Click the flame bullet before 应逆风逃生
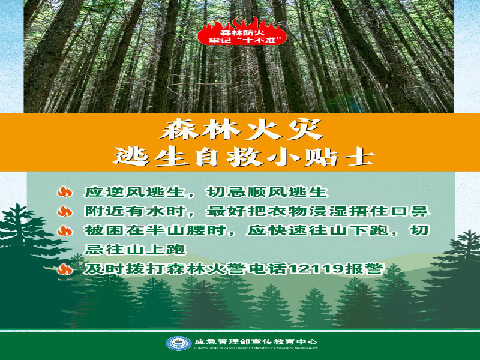(65, 192)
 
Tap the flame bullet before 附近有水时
(65, 211)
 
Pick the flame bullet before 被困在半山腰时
(65, 230)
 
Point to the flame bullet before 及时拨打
(65, 269)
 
